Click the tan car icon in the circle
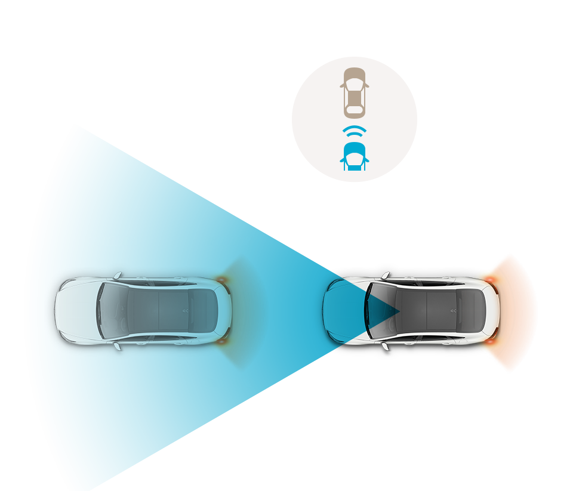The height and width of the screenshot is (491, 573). pos(354,92)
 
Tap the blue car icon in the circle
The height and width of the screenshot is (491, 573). pos(354,157)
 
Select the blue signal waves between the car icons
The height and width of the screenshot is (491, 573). pos(354,131)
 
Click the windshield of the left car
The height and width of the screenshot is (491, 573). pos(111,311)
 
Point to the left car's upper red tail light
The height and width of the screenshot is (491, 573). pos(222,279)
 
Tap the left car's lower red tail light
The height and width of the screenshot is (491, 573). pos(222,342)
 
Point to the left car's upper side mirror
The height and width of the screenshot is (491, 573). pos(118,276)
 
